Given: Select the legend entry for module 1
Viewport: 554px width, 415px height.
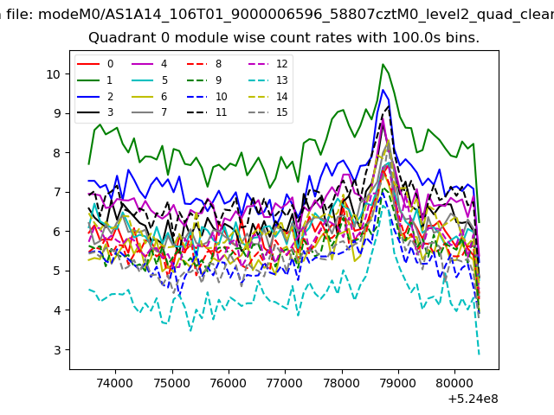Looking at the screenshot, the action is point(94,80).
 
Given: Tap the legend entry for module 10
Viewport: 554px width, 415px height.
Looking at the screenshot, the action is point(207,96).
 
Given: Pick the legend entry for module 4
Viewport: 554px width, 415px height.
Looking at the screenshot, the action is point(149,64).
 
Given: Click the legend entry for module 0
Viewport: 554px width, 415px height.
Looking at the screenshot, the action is point(94,64).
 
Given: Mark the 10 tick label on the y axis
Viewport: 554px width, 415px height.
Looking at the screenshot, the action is point(53,74).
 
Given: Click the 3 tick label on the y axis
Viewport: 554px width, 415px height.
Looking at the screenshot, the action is point(57,350).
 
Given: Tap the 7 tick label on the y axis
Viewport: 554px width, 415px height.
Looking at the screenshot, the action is point(57,192).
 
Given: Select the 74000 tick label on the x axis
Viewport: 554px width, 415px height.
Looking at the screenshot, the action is point(115,383).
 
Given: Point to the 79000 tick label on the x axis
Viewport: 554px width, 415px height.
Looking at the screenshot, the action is point(398,383).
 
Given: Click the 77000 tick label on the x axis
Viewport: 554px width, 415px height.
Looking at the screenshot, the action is point(285,383).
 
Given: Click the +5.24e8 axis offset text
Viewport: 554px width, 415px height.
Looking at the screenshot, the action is point(473,399).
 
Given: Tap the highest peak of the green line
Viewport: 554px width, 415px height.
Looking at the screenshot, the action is point(383,64).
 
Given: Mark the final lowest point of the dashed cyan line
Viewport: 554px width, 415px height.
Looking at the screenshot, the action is point(479,354).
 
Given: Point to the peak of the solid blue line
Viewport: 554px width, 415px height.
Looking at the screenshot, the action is point(383,90).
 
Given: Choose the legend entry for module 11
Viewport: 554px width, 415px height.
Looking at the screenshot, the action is point(207,112).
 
